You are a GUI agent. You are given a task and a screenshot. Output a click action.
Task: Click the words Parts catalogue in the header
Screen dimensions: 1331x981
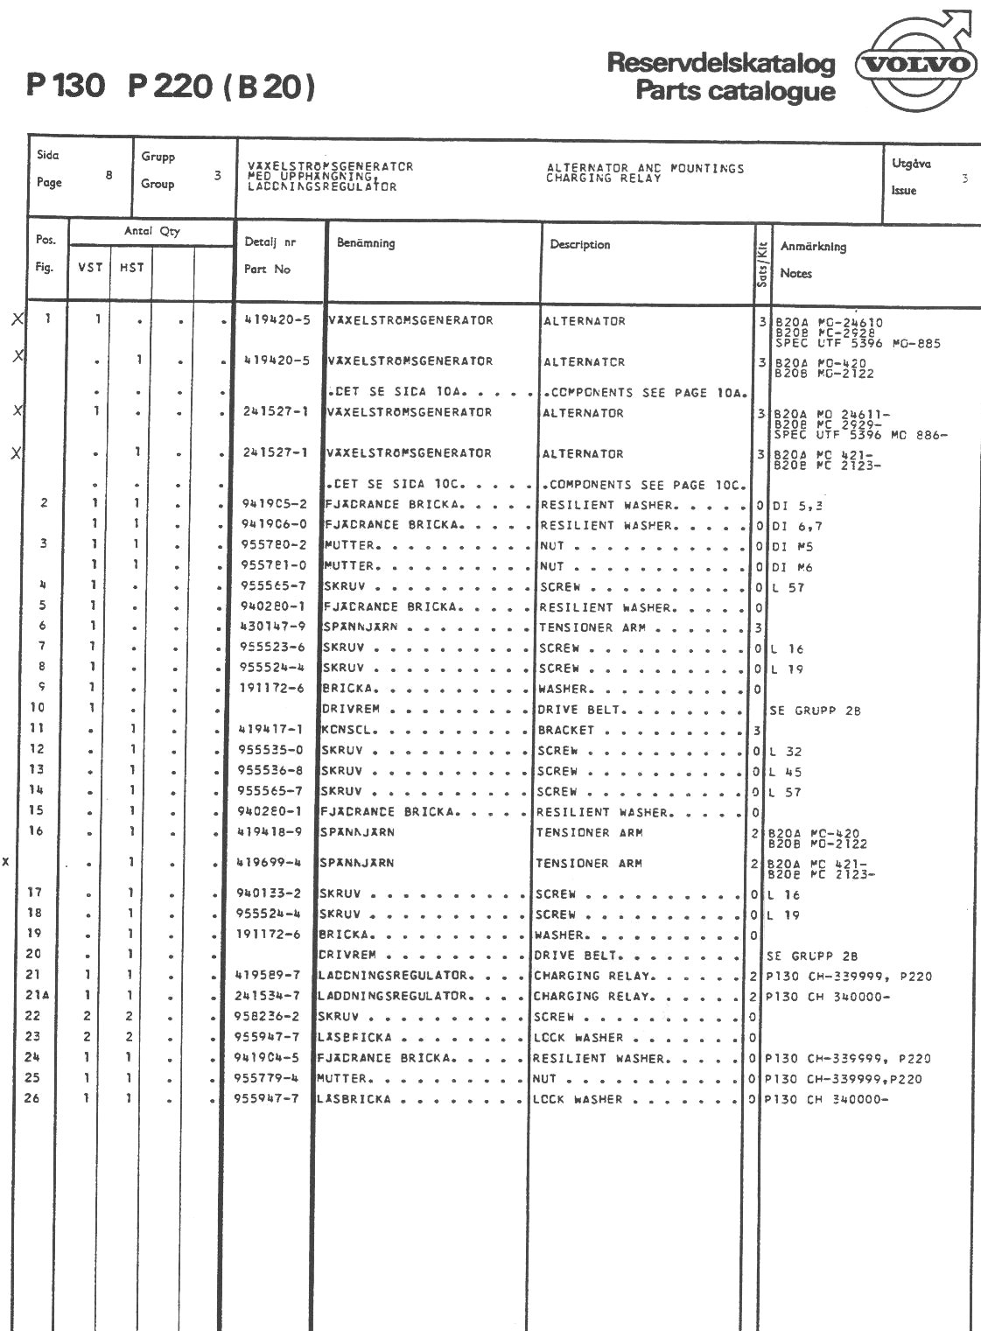(735, 91)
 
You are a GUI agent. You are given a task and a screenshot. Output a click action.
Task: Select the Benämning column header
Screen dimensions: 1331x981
(366, 243)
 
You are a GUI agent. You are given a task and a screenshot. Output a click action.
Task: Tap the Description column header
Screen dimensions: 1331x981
(580, 245)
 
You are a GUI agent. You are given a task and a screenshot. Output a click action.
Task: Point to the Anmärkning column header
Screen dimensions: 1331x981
(813, 247)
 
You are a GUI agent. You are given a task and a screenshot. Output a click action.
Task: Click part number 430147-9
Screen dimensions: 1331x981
(273, 627)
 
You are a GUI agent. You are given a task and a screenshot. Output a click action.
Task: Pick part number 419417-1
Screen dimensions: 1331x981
(270, 729)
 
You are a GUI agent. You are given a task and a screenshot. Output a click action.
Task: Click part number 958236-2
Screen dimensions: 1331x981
(270, 1017)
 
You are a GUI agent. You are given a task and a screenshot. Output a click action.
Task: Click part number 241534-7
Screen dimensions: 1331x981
(268, 996)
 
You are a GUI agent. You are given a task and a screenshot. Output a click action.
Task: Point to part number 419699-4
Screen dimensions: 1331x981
(270, 863)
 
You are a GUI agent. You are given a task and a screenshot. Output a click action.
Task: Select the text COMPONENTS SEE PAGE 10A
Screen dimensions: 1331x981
(646, 393)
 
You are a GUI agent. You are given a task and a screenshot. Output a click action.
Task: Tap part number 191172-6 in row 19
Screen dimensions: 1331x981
(270, 935)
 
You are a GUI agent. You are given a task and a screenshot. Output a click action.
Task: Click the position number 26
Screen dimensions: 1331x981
(32, 1098)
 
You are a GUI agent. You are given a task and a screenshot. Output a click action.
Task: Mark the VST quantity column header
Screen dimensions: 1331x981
(90, 268)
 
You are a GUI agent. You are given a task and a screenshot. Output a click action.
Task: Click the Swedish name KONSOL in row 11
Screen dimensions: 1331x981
(348, 729)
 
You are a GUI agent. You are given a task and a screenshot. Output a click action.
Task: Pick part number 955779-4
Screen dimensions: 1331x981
(269, 1078)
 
